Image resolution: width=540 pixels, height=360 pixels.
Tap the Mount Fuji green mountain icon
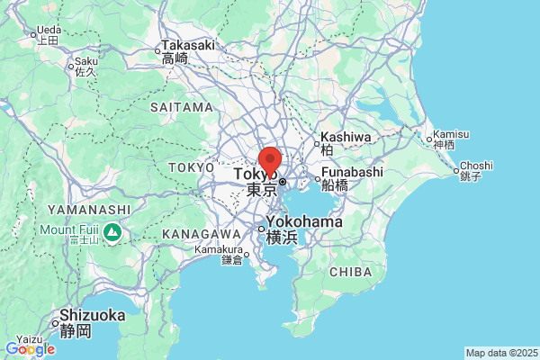point(112,234)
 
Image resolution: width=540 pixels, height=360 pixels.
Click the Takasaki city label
point(189,45)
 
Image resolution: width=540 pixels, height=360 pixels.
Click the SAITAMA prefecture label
point(181,107)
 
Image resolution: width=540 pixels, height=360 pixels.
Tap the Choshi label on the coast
point(476,166)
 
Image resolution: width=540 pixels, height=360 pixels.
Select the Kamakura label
point(221,249)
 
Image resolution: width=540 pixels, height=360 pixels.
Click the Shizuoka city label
point(92,316)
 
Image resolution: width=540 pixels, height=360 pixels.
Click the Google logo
point(30,349)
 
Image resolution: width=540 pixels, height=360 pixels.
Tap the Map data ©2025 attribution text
point(501,353)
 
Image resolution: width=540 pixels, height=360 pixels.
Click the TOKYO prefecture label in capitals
point(191,167)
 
